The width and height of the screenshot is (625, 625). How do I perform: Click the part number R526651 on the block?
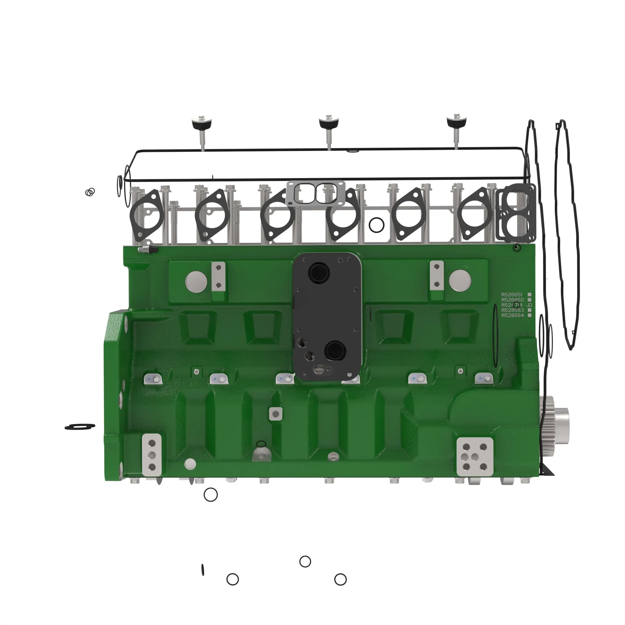pyautogui.click(x=512, y=294)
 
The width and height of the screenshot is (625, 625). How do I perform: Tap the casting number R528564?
pyautogui.click(x=512, y=315)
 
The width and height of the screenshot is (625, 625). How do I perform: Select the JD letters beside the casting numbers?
pyautogui.click(x=529, y=305)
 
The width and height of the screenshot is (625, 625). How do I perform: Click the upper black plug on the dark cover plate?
pyautogui.click(x=319, y=273)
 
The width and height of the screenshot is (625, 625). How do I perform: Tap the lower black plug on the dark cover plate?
pyautogui.click(x=335, y=351)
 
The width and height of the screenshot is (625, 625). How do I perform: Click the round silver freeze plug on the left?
pyautogui.click(x=196, y=282)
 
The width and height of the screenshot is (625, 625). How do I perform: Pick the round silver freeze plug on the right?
pyautogui.click(x=460, y=280)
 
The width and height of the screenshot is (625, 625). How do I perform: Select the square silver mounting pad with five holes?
pyautogui.click(x=475, y=457)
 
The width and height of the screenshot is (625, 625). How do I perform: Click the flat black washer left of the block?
pyautogui.click(x=80, y=427)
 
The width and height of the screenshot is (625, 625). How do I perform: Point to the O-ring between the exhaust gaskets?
pyautogui.click(x=376, y=225)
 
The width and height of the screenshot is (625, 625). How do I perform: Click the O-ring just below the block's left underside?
pyautogui.click(x=211, y=495)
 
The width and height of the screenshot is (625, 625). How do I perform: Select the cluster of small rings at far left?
pyautogui.click(x=90, y=192)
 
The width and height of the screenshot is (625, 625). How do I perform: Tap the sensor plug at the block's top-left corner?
pyautogui.click(x=147, y=249)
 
